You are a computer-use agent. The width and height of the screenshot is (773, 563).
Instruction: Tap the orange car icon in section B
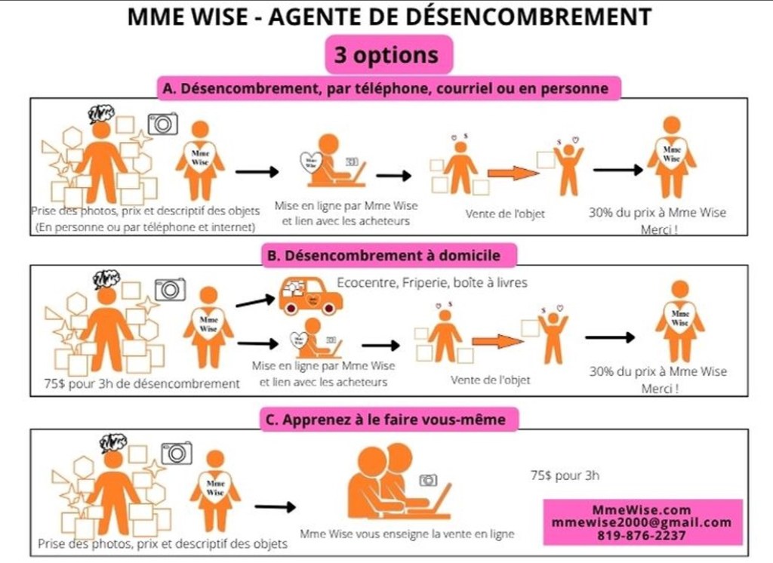coord(310,295)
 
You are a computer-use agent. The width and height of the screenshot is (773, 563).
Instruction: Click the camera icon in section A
coord(162,123)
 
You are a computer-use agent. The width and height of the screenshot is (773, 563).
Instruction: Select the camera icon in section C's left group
coord(177,453)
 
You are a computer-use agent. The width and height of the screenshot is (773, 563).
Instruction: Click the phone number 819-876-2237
coord(642,535)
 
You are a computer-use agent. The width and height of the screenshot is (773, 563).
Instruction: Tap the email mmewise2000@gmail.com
coord(642,522)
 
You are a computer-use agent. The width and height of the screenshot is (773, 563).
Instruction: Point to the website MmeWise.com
coord(642,510)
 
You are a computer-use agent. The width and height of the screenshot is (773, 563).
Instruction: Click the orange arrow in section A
coord(513,173)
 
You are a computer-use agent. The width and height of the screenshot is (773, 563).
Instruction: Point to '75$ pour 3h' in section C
coord(566,475)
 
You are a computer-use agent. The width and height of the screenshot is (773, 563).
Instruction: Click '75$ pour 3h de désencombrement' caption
coord(142,383)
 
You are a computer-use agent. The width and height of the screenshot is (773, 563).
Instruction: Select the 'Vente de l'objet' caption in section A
coord(505,214)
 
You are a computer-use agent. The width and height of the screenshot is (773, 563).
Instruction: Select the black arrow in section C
coord(275,506)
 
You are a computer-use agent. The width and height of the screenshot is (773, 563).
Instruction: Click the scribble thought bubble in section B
coord(106,279)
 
